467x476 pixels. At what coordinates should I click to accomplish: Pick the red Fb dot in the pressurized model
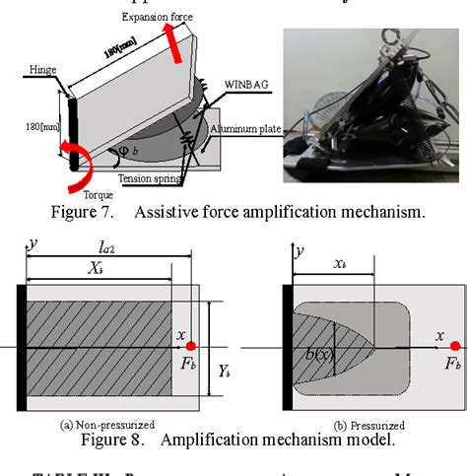(454, 346)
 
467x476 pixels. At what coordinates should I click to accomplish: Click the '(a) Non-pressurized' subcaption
(108, 425)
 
